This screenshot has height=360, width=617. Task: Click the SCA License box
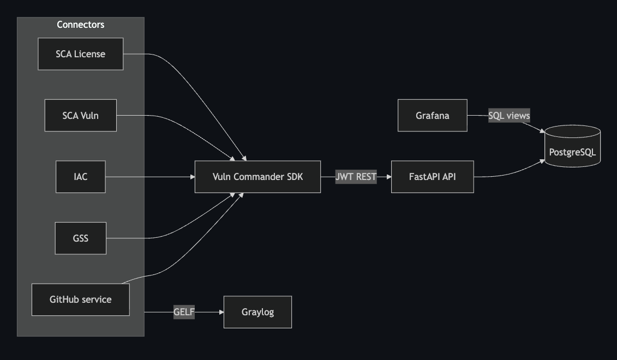tap(81, 54)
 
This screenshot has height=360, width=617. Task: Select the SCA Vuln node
tap(81, 115)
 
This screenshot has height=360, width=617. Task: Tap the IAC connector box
tap(81, 177)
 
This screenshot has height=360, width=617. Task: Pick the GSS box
tap(81, 238)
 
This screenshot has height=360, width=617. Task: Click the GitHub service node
tap(81, 299)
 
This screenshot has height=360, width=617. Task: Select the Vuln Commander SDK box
tap(257, 177)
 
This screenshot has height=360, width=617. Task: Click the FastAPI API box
tap(433, 177)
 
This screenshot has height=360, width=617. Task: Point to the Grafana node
tap(433, 115)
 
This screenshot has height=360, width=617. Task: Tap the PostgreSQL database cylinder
tap(572, 146)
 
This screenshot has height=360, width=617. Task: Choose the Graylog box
tap(257, 312)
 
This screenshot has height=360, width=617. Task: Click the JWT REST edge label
tap(356, 177)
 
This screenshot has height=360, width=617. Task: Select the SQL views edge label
tap(509, 116)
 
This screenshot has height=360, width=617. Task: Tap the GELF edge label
tap(184, 312)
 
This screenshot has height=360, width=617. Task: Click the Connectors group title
tap(81, 25)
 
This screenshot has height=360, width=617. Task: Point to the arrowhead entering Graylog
tap(221, 312)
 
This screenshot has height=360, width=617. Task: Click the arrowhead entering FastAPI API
tap(389, 177)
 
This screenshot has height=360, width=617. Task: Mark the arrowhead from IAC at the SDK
tap(193, 177)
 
